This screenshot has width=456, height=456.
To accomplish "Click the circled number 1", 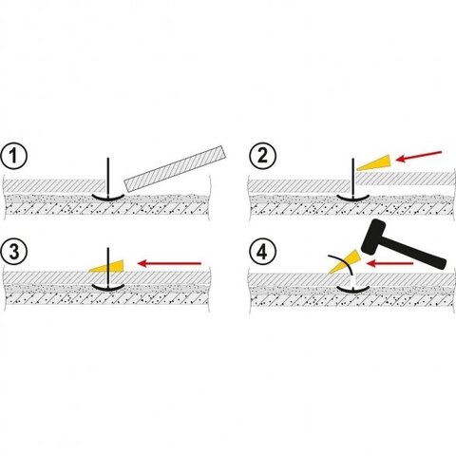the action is pyautogui.click(x=13, y=156).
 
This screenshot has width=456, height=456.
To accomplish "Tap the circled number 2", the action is pyautogui.click(x=262, y=156).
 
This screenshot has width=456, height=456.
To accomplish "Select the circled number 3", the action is pyautogui.click(x=13, y=252).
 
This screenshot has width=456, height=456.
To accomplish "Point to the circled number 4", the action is pyautogui.click(x=262, y=253).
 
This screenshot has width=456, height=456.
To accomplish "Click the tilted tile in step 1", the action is pyautogui.click(x=175, y=168).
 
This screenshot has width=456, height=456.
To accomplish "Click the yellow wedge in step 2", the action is pyautogui.click(x=373, y=162).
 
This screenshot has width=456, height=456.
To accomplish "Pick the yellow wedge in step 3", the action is pyautogui.click(x=106, y=267).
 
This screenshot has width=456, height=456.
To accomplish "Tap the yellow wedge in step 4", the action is pyautogui.click(x=345, y=261).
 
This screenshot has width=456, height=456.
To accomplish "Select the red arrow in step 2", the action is pyautogui.click(x=419, y=156).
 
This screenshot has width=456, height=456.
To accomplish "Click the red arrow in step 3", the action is pyautogui.click(x=170, y=263).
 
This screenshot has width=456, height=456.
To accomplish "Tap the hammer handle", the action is pyautogui.click(x=414, y=253).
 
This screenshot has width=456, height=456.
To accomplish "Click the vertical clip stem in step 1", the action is pyautogui.click(x=108, y=178).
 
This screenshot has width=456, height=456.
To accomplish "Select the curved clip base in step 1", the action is pyautogui.click(x=108, y=198).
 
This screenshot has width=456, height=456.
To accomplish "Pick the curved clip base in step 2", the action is pyautogui.click(x=352, y=198).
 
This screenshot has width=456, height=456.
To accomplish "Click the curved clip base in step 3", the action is pyautogui.click(x=108, y=287).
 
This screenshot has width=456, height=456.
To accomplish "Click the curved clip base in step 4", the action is pyautogui.click(x=353, y=289).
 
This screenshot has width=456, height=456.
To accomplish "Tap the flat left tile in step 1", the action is pyautogui.click(x=54, y=186).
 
